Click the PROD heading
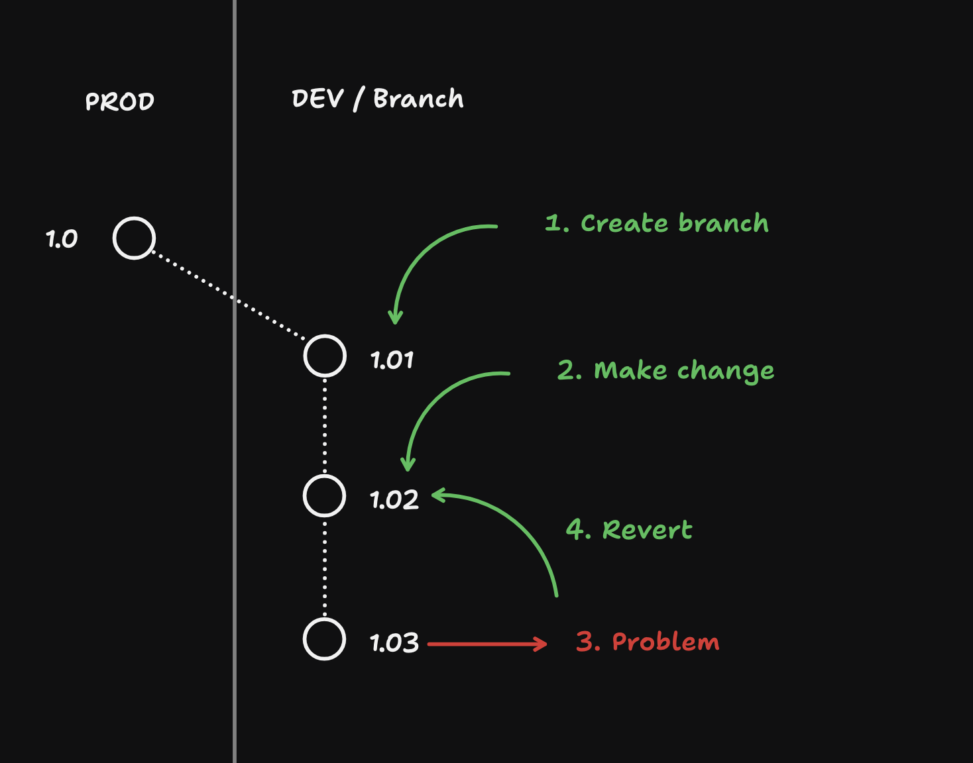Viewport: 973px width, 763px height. (120, 101)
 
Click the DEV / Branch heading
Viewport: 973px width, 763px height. (377, 99)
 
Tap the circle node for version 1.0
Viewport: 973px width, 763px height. (134, 238)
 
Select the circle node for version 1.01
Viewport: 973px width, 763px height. (325, 356)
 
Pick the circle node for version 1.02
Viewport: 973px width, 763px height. (324, 495)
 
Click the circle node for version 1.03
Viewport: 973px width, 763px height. (324, 639)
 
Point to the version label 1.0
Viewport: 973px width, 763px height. (62, 238)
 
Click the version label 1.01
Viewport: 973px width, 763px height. (392, 360)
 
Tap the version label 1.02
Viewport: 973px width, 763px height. (394, 500)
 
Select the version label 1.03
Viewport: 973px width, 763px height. (394, 643)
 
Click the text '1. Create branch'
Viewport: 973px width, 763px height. (656, 223)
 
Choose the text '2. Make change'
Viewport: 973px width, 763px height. (665, 370)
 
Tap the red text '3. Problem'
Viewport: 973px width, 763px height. (648, 642)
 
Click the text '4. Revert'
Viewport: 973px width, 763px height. (628, 530)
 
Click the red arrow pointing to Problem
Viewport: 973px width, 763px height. (487, 643)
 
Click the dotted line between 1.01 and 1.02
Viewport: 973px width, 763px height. (325, 426)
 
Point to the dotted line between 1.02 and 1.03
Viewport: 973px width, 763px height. (325, 568)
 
